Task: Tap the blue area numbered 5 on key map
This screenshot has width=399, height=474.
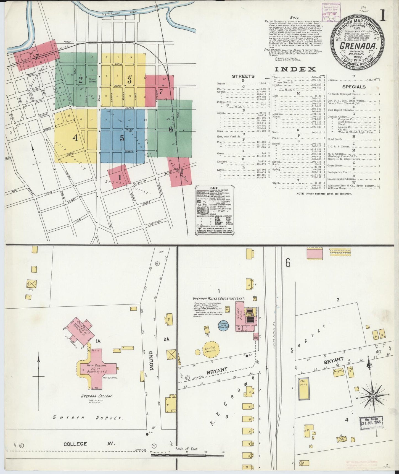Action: point(122,138)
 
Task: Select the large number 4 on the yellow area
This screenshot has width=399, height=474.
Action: point(75,138)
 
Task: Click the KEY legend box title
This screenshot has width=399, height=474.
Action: point(214,188)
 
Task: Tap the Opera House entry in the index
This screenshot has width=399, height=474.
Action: point(335,166)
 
